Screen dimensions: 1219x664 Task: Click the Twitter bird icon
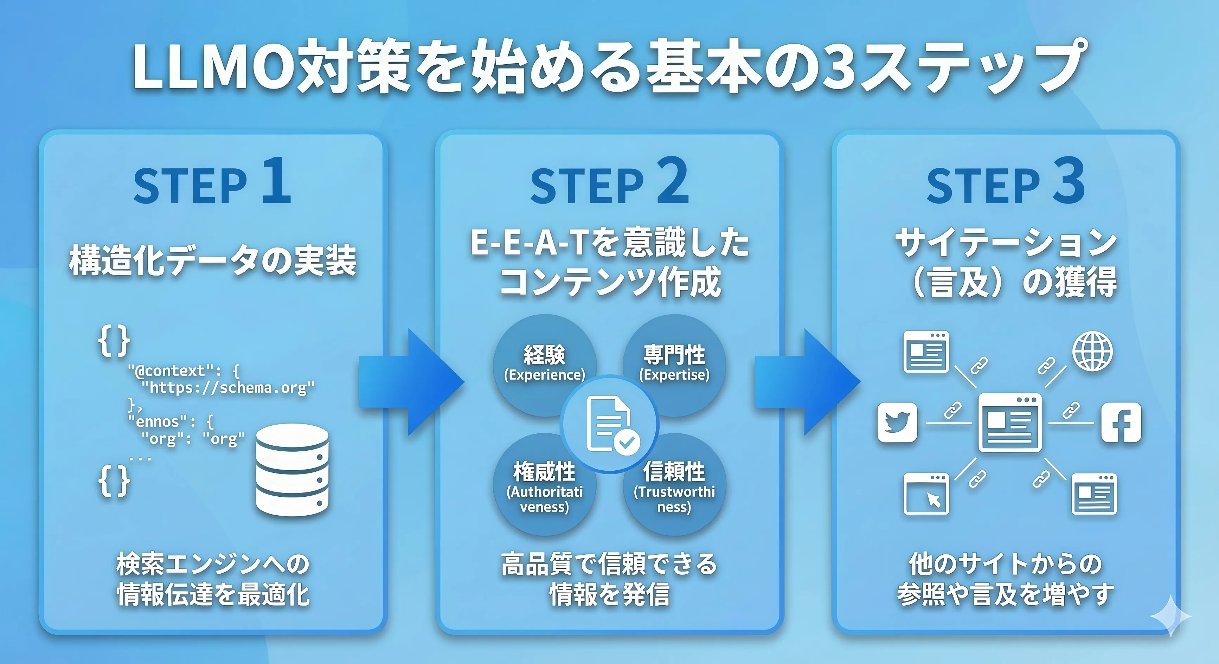897,422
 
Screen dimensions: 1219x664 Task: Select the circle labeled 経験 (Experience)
544,362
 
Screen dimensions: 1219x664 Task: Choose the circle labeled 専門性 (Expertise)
674,362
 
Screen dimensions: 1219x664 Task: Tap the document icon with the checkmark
610,424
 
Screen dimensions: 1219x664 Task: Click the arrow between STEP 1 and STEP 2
411,382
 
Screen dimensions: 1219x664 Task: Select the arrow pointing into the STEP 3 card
807,382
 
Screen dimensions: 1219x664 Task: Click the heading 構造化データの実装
212,260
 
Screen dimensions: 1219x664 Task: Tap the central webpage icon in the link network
1010,422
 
